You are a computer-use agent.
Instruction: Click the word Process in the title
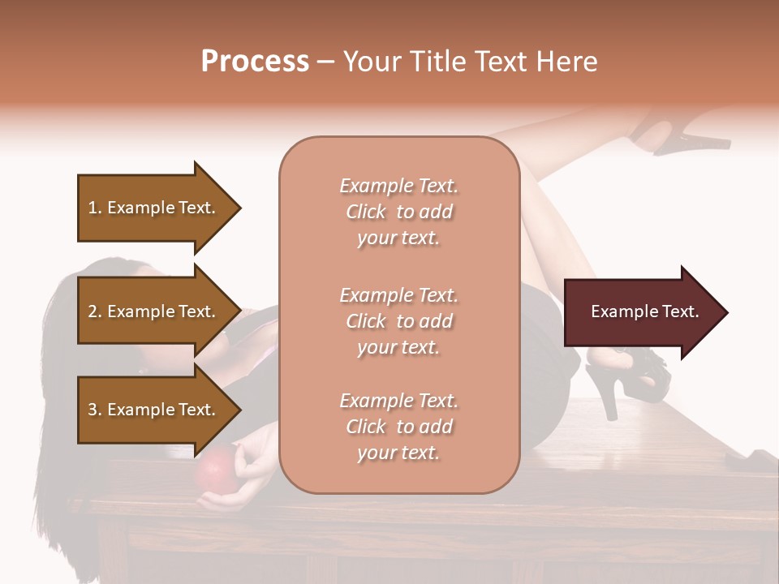pyautogui.click(x=255, y=62)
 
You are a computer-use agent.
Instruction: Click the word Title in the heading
pyautogui.click(x=438, y=62)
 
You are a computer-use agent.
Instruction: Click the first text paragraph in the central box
pyautogui.click(x=398, y=212)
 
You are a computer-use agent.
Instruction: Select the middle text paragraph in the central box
pyautogui.click(x=398, y=321)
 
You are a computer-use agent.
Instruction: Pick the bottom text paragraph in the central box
pyautogui.click(x=398, y=427)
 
